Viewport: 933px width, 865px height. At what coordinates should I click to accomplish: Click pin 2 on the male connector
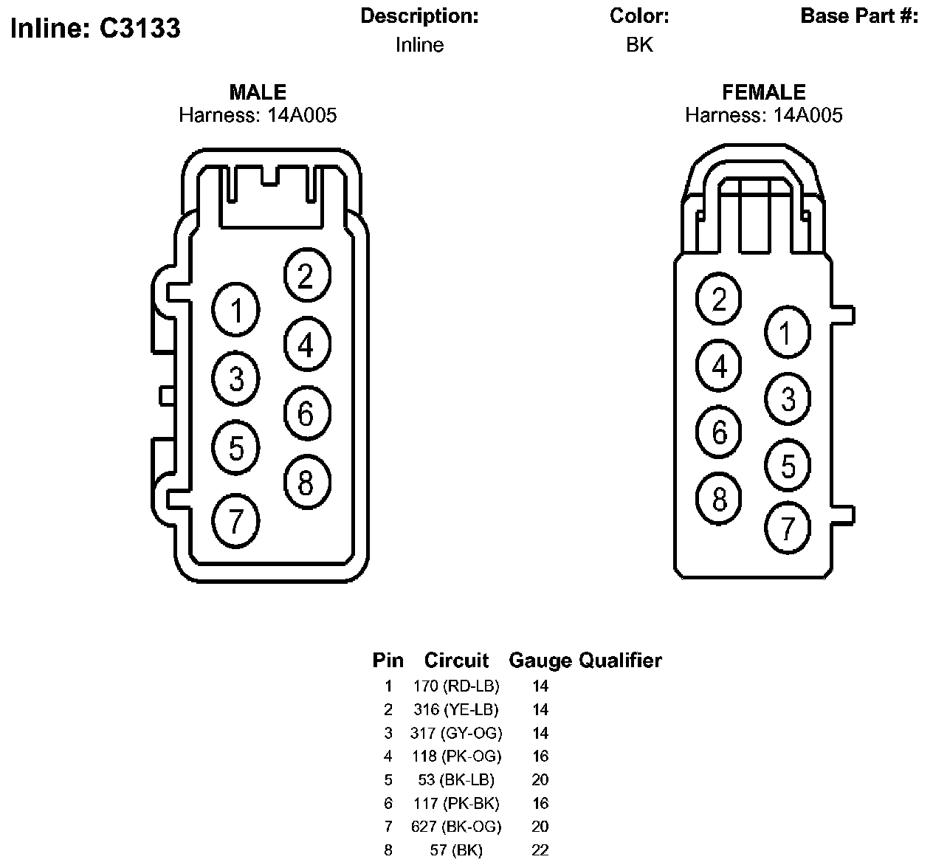pos(307,275)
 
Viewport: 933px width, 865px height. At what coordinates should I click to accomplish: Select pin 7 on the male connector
pos(235,521)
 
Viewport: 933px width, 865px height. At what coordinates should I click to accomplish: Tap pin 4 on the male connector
pos(307,344)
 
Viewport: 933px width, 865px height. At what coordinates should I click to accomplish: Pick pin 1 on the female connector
pos(788,333)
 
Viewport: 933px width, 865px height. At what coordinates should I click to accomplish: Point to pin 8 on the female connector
pos(718,498)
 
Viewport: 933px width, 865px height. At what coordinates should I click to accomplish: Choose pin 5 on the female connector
pos(788,465)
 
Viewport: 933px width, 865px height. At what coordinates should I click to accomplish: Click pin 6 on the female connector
pos(718,432)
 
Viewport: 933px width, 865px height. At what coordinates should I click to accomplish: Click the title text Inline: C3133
pos(95,28)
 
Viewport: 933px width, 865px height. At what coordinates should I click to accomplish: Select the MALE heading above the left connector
pos(258,92)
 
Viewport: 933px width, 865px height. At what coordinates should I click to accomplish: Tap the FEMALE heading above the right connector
pos(764,92)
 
